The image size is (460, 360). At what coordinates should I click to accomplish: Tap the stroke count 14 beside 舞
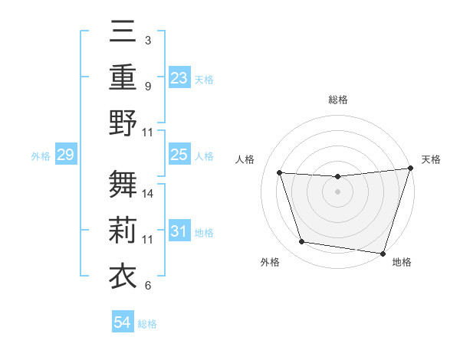[148, 194]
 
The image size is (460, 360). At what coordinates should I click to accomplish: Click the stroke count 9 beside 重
[147, 86]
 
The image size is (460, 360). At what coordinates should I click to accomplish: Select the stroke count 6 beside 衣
[147, 286]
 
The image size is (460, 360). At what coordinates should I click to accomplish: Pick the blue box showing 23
[179, 78]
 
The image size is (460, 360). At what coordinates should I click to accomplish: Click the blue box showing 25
[179, 155]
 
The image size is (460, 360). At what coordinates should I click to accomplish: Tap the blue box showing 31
[179, 232]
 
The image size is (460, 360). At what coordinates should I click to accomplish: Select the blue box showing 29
[65, 155]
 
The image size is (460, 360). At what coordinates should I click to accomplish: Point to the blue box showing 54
[122, 322]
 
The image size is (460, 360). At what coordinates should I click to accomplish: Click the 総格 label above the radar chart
[337, 100]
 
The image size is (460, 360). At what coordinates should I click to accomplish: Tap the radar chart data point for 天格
[410, 169]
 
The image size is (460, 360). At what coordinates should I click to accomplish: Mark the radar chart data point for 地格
[383, 253]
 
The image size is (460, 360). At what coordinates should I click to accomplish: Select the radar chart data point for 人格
[280, 173]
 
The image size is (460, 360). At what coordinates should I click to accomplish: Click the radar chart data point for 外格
[302, 242]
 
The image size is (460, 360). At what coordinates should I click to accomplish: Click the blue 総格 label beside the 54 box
[147, 324]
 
